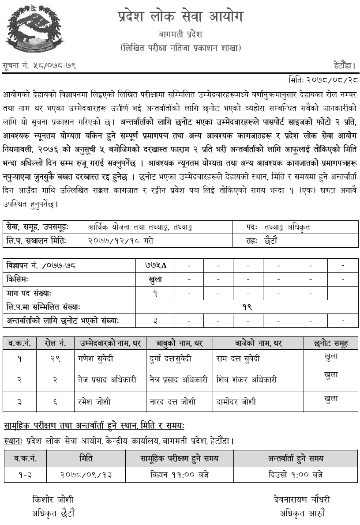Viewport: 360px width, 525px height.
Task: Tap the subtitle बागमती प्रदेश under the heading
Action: click(x=180, y=34)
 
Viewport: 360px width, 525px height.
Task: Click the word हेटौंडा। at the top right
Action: click(x=345, y=65)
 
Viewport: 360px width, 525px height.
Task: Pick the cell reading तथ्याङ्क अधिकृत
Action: click(x=287, y=227)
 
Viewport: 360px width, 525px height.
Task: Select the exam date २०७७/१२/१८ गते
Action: click(x=121, y=241)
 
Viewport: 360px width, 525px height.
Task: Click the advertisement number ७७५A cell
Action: click(x=156, y=265)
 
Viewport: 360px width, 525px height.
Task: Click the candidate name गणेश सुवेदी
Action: click(x=96, y=359)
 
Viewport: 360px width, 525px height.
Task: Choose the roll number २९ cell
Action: click(x=55, y=359)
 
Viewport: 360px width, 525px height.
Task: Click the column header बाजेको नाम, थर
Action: click(x=258, y=343)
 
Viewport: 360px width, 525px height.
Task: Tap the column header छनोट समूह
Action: click(x=331, y=343)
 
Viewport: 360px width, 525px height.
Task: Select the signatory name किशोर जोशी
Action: click(x=53, y=500)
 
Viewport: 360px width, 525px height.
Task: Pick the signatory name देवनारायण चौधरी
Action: click(x=302, y=500)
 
